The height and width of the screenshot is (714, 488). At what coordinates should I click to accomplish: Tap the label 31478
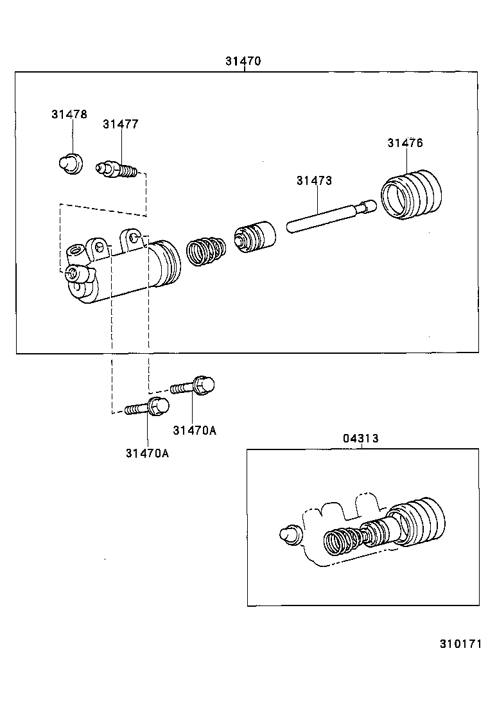[x=69, y=114]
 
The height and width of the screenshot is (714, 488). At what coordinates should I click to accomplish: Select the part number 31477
[x=120, y=125]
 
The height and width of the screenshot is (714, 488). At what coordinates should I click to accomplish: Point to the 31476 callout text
[x=405, y=143]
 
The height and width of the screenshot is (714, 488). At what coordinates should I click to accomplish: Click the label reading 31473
[x=314, y=181]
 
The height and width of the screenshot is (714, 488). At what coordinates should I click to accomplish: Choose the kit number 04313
[x=360, y=439]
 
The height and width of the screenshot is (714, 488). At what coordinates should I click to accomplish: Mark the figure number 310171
[x=460, y=644]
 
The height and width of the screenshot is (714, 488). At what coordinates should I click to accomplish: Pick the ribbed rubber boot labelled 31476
[x=412, y=194]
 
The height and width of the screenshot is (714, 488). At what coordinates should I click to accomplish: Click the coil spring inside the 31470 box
[x=205, y=250]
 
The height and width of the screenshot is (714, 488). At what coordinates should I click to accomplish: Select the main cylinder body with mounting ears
[x=122, y=270]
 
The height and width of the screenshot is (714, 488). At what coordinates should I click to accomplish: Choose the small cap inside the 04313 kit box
[x=289, y=533]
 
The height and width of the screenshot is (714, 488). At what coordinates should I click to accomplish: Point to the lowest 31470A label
[x=147, y=453]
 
